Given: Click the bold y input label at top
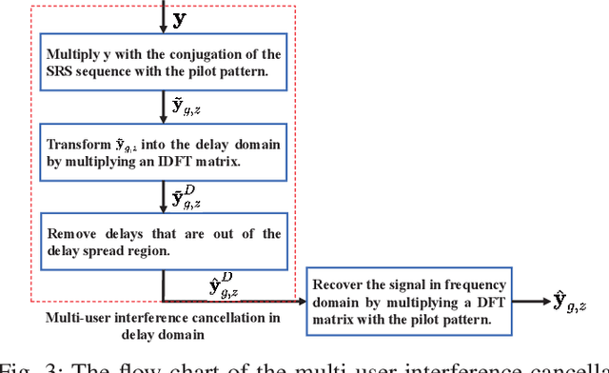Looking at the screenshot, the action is (x=179, y=17).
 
